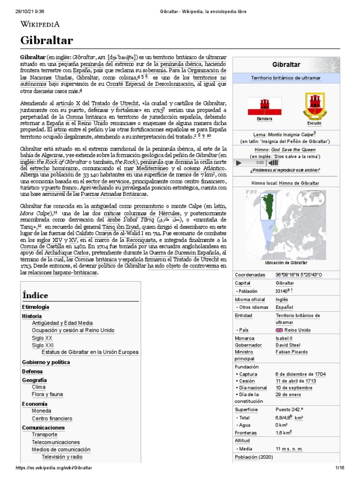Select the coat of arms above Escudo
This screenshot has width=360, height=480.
(x=314, y=105)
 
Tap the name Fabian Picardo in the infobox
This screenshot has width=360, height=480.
(x=292, y=352)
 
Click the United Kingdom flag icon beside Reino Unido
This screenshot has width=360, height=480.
(x=279, y=330)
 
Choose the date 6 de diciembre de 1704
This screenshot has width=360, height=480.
(x=300, y=374)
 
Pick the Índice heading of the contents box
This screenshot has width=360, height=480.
(x=35, y=295)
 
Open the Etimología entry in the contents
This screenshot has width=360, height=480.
(x=35, y=307)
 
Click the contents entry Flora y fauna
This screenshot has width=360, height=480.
(x=47, y=394)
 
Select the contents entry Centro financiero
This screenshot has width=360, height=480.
(x=52, y=418)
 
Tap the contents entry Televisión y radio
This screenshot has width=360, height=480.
(x=62, y=456)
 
